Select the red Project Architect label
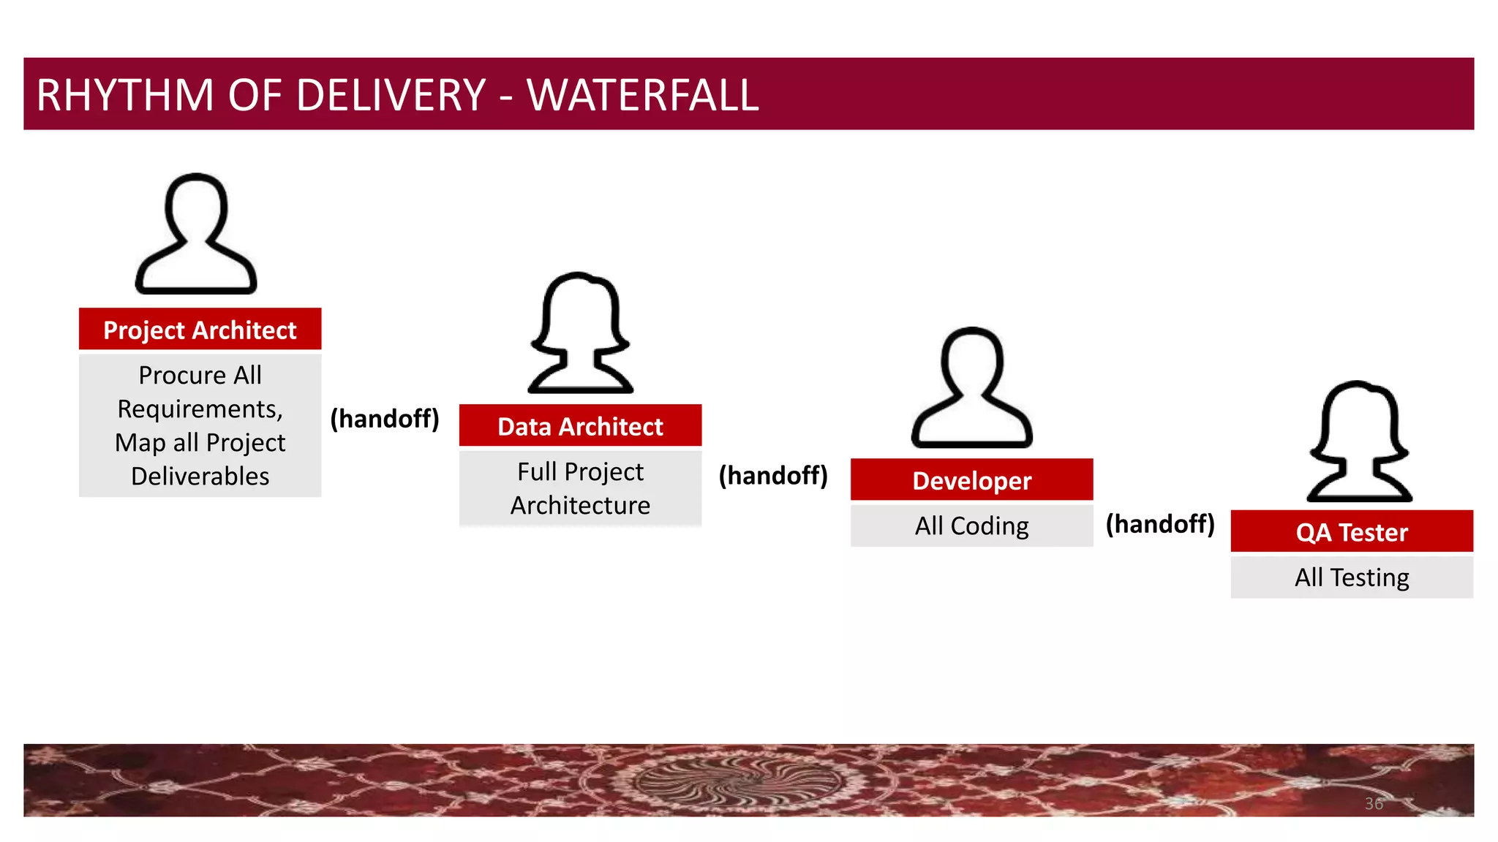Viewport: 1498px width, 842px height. click(200, 330)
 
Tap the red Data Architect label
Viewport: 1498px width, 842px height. click(580, 426)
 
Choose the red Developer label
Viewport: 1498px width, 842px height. click(971, 480)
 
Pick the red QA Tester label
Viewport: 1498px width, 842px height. click(1352, 531)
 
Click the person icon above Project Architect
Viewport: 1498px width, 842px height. click(196, 234)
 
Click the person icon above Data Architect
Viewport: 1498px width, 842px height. click(580, 333)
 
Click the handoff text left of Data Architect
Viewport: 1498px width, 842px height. click(385, 419)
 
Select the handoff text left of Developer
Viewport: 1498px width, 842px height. click(773, 476)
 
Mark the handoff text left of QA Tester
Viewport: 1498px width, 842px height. click(1160, 524)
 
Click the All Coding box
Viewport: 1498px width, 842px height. click(971, 526)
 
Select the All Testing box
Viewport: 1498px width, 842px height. click(1352, 577)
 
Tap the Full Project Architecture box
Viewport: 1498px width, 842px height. click(580, 488)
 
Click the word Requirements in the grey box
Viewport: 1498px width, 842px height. click(200, 409)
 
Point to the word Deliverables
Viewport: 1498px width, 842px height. click(200, 476)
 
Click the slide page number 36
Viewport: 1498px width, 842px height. click(1374, 803)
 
